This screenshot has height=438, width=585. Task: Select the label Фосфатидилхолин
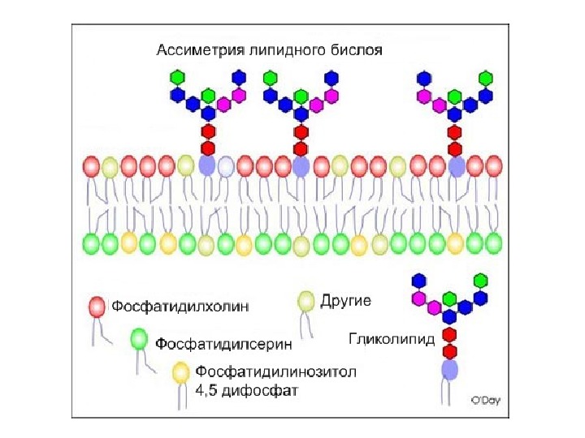(x=180, y=307)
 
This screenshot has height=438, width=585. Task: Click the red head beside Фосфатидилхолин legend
(x=97, y=307)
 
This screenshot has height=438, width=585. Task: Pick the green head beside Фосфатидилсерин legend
(x=139, y=337)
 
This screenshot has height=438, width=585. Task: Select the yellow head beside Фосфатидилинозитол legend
(x=181, y=372)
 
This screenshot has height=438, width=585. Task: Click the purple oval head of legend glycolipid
(x=449, y=370)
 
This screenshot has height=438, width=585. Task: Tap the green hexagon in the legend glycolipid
(x=480, y=280)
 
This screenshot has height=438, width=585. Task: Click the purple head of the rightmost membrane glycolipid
(x=456, y=166)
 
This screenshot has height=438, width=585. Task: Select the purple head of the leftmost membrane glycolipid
(x=207, y=165)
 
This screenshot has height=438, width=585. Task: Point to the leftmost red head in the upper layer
(x=92, y=166)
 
